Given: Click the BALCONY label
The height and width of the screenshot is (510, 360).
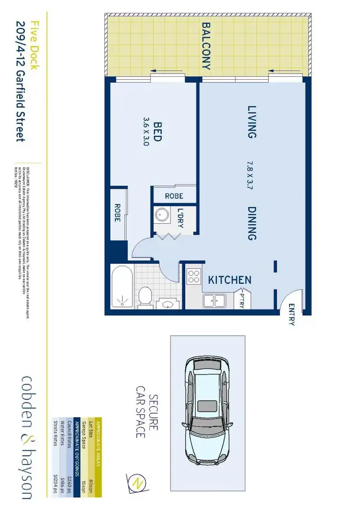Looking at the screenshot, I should (x=206, y=46).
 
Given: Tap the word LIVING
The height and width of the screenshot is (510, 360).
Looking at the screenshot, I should (x=251, y=122).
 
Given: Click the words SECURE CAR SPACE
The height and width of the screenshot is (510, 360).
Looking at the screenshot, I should (x=146, y=416).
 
